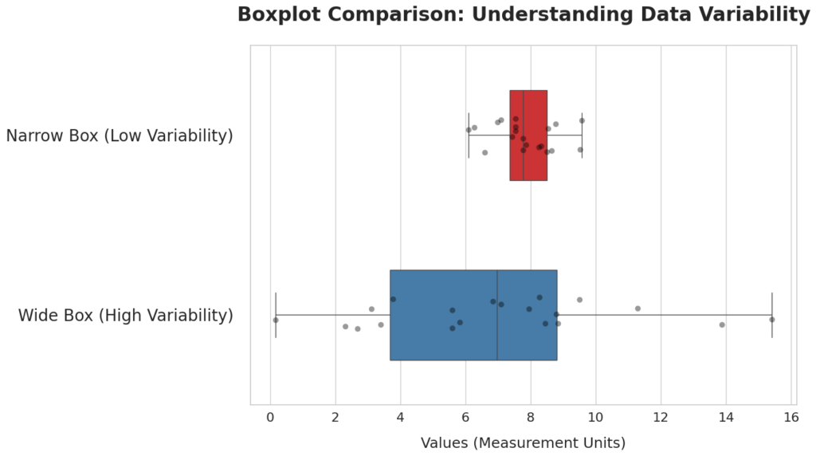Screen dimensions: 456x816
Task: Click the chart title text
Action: point(523,14)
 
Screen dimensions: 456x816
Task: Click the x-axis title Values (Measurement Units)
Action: point(523,442)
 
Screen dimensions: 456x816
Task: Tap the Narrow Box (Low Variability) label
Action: point(120,136)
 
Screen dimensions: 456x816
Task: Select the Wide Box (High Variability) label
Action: point(126,316)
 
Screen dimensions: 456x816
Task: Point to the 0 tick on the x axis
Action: point(271,417)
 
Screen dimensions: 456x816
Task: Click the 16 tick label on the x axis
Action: point(790,417)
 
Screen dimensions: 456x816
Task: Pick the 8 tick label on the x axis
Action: point(531,417)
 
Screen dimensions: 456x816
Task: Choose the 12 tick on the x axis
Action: point(661,417)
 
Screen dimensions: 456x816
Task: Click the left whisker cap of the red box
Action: point(469,136)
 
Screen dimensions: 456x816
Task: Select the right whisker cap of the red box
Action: point(582,136)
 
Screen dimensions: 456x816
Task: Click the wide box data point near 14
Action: point(722,324)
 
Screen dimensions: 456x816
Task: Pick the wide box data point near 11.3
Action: point(637,309)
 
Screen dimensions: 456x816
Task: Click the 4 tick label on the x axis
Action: point(401,417)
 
